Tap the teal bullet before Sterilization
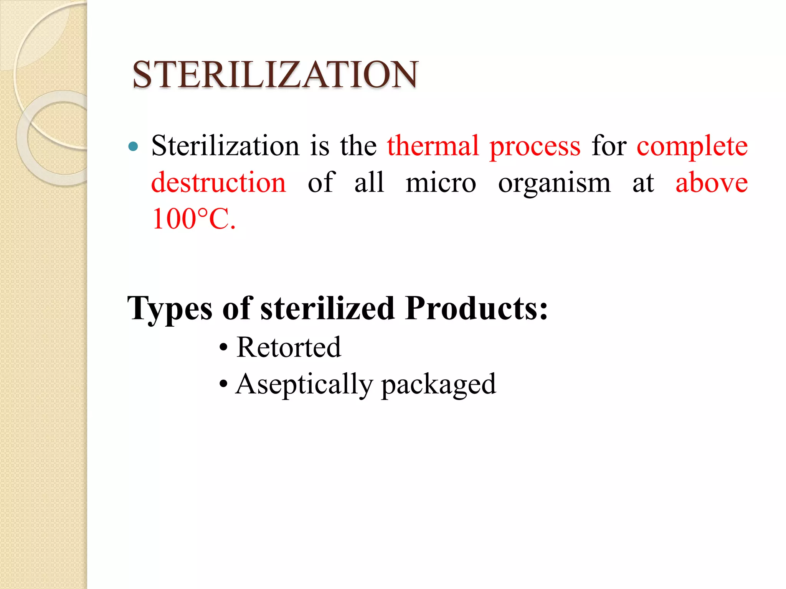133,146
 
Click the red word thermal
433,146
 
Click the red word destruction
218,183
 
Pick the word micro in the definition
441,183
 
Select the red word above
711,183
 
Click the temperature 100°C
193,219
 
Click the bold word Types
170,309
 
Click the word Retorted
289,347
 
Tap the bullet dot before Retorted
223,348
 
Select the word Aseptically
304,385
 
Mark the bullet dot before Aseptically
223,384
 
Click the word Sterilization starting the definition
225,146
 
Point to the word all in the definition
369,183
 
